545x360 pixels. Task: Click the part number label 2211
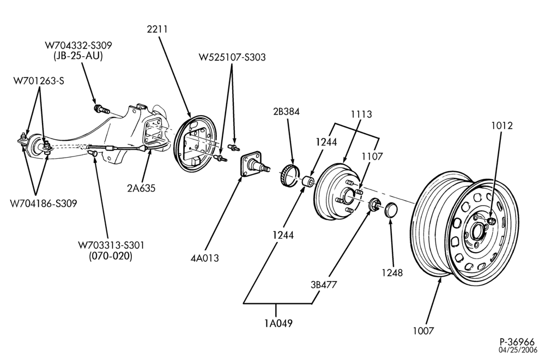157,29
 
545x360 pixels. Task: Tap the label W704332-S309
78,46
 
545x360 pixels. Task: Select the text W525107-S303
232,57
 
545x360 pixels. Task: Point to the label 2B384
287,112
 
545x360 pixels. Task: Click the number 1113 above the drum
361,114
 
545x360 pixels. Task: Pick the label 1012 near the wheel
502,125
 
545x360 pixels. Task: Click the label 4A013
205,258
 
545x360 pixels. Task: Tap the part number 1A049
278,323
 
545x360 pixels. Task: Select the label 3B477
324,285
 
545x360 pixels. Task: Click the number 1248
392,273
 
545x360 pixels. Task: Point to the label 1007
423,331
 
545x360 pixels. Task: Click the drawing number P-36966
518,342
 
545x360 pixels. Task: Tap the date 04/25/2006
518,350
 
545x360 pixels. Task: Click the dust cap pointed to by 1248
391,209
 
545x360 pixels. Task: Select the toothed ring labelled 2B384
290,177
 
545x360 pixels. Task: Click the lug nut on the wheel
491,220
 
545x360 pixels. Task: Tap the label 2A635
141,188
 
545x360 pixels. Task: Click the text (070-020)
111,256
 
